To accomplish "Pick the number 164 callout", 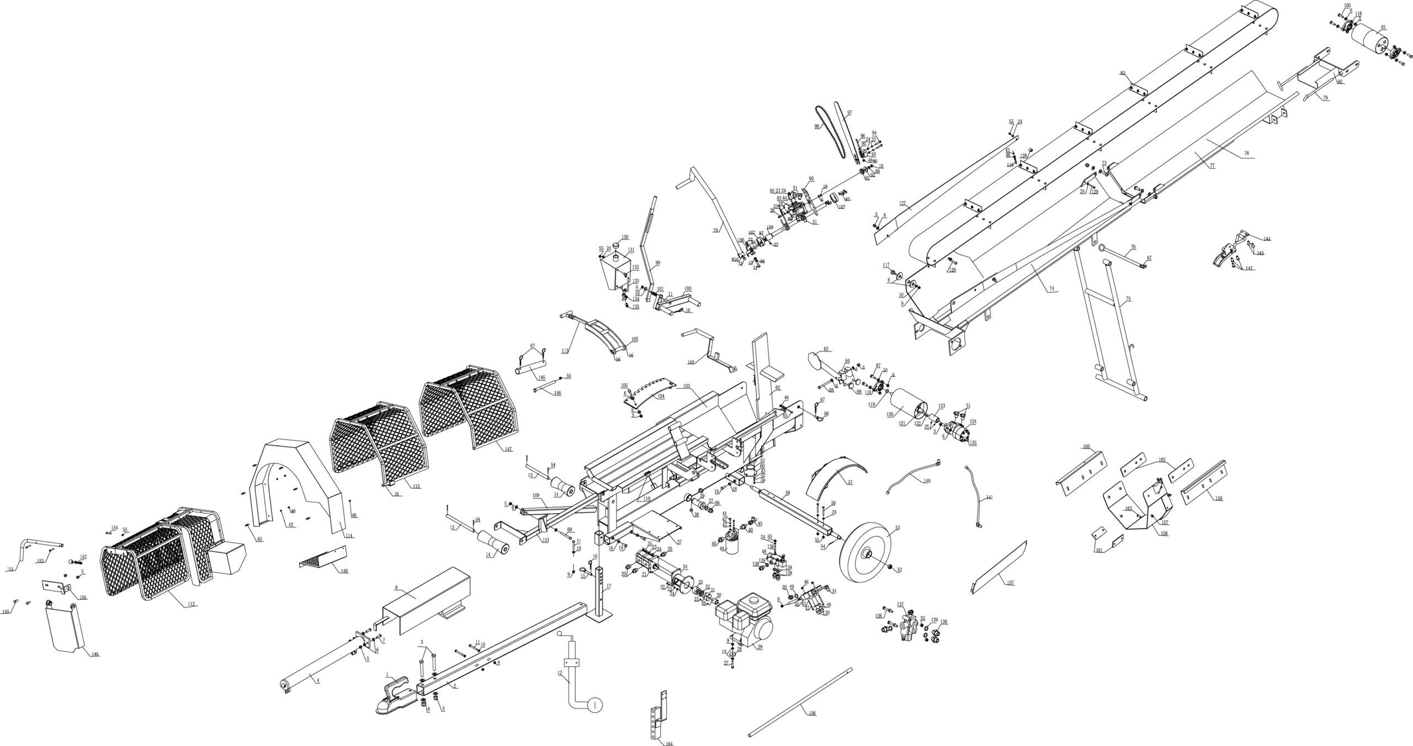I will (x=669, y=743).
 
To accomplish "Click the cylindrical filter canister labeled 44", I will (x=732, y=547).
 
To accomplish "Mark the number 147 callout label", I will (x=507, y=449).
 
